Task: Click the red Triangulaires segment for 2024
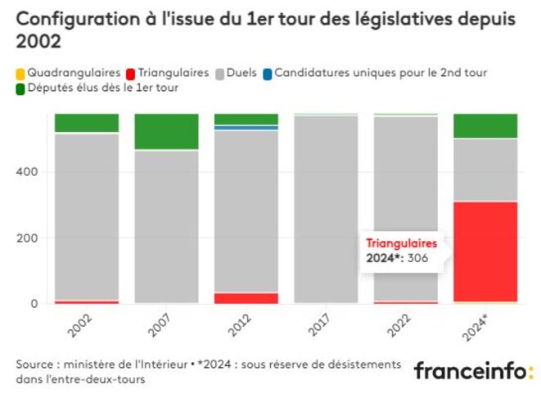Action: [x=485, y=251]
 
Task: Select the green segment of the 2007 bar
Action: [x=166, y=131]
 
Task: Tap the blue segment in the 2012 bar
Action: [x=246, y=128]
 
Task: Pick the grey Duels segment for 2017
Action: [x=326, y=209]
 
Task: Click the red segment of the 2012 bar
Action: [x=246, y=298]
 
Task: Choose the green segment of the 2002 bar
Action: [x=87, y=122]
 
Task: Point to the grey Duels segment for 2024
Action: [x=485, y=170]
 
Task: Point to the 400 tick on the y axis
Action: [x=29, y=172]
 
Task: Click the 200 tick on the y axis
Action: [x=29, y=238]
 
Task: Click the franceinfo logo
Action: [x=472, y=370]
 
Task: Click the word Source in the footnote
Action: [x=35, y=363]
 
